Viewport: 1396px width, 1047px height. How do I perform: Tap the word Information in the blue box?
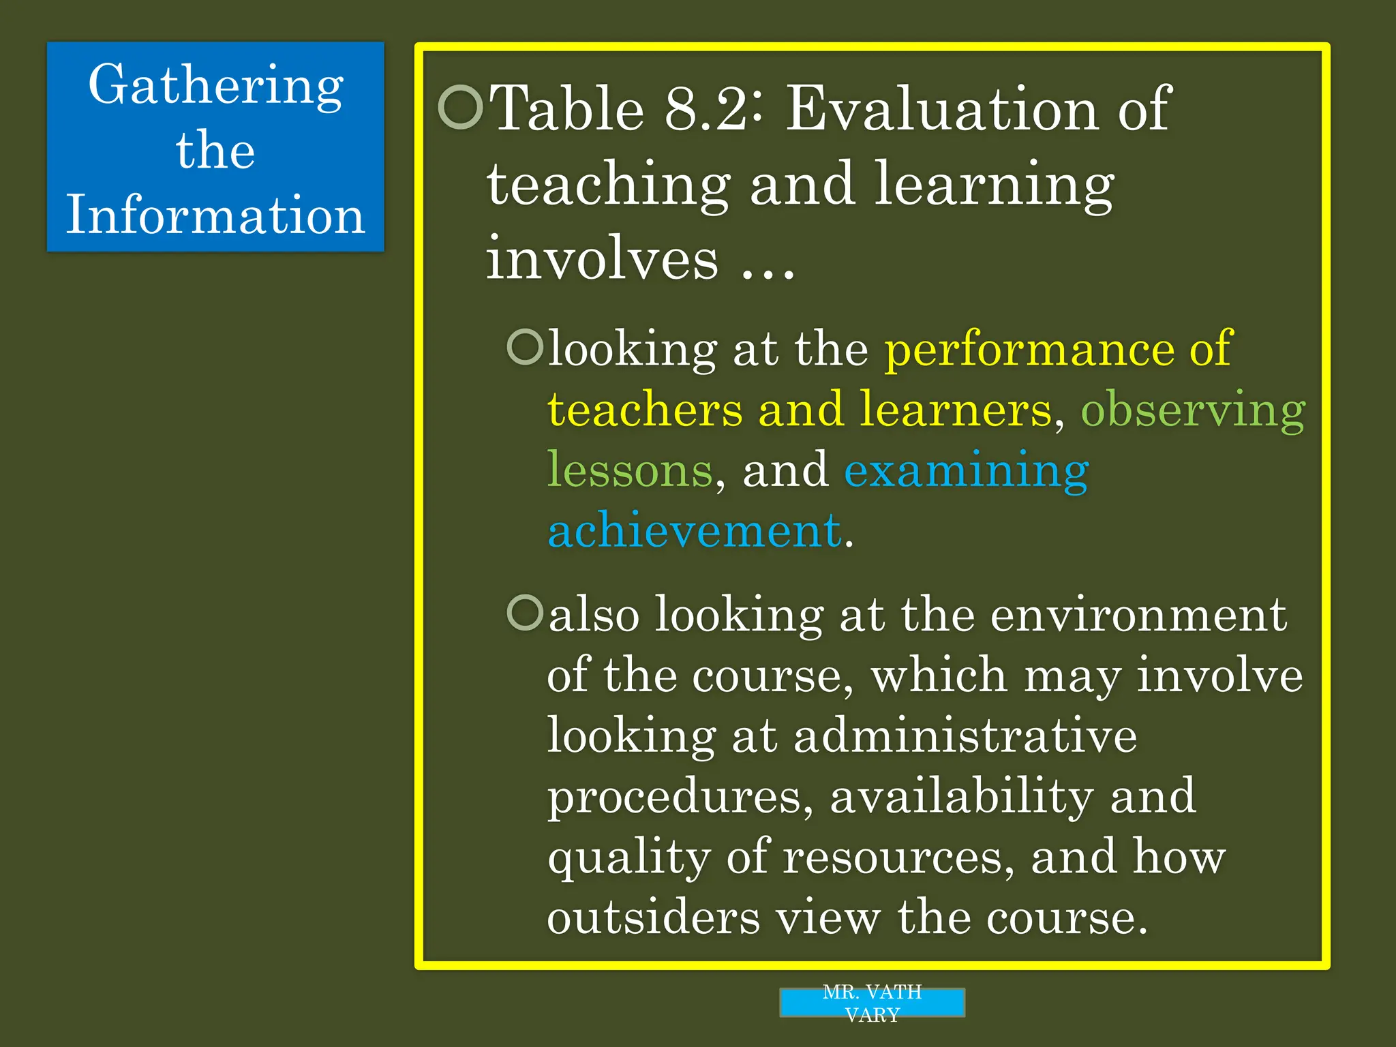coord(215,215)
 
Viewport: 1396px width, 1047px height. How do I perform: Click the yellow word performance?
coord(1029,350)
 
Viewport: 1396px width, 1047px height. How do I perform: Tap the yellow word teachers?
coord(645,410)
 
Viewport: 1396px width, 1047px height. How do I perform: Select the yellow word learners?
coord(956,410)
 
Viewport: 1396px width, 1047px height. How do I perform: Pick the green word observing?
coord(1193,411)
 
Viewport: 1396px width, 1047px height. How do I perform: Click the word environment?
coord(1138,615)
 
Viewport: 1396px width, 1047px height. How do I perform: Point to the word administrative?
coord(965,736)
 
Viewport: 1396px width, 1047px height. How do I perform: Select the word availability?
coord(961,796)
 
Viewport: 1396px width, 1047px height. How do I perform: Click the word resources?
coord(893,858)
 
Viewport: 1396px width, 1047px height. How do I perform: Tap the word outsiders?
coord(654,917)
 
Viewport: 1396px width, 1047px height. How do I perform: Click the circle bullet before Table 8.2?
coord(461,107)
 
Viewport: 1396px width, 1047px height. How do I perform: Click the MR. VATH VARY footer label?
coord(872,1003)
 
